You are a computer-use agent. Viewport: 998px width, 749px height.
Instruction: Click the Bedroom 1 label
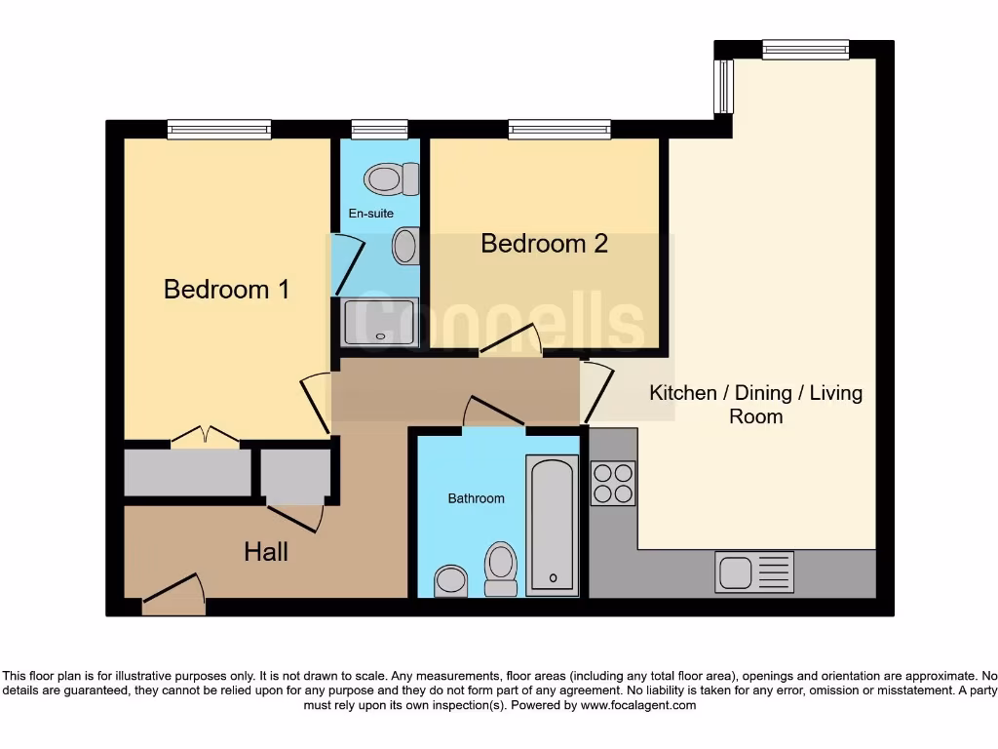[x=226, y=289]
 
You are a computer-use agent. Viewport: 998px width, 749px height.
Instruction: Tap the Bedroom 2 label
[x=544, y=243]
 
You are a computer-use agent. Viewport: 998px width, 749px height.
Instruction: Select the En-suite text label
[x=371, y=213]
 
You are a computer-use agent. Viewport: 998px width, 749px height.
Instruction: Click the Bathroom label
[x=476, y=498]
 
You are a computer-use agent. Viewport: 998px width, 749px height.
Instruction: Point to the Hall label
[x=265, y=552]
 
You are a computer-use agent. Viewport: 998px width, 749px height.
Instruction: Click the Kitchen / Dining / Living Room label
[x=755, y=404]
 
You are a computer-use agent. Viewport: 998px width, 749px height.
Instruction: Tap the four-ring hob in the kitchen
[x=613, y=483]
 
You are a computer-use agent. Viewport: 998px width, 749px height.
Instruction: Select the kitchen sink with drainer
[x=754, y=572]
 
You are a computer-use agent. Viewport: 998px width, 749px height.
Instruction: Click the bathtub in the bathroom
[x=552, y=525]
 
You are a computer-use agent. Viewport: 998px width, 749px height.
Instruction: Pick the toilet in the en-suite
[x=389, y=178]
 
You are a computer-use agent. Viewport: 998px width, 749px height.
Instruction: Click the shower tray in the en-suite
[x=380, y=322]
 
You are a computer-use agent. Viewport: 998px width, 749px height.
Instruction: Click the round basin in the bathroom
[x=451, y=580]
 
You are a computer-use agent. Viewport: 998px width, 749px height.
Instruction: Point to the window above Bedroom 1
[x=219, y=129]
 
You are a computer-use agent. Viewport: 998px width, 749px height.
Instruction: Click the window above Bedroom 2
[x=559, y=129]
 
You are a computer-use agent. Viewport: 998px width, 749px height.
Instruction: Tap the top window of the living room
[x=805, y=49]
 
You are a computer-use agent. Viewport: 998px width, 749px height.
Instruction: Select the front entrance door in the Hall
[x=174, y=595]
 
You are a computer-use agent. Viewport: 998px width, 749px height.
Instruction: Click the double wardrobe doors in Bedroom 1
[x=205, y=438]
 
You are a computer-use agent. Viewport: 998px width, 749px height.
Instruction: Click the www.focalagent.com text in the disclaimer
[x=638, y=705]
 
